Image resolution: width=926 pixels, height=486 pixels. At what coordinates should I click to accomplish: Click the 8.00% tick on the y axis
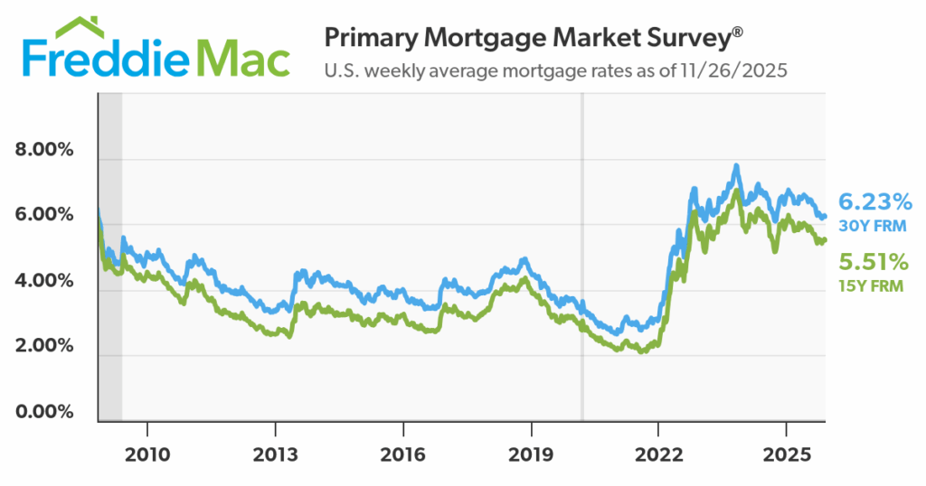point(44,150)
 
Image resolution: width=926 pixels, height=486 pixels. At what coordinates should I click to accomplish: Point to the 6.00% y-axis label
point(44,215)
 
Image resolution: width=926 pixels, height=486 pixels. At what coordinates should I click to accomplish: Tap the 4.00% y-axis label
point(44,281)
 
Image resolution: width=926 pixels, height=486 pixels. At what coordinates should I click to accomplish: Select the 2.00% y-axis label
point(44,347)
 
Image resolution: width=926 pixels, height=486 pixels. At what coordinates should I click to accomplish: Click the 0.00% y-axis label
point(44,412)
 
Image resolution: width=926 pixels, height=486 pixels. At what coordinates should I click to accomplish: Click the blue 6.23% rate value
point(874,201)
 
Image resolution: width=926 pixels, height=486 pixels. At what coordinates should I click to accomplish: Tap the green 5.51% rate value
point(874,263)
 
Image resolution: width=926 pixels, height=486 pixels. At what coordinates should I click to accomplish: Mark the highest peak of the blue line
point(737,165)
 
